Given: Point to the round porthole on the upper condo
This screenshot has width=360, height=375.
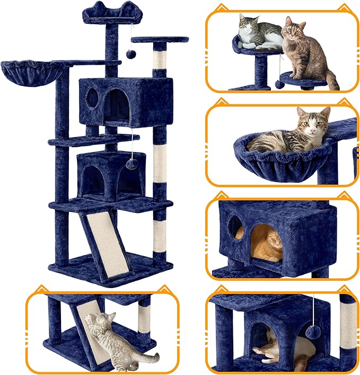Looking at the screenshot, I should pos(91,97).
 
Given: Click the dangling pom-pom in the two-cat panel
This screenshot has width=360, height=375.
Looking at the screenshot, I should pos(279,84).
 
